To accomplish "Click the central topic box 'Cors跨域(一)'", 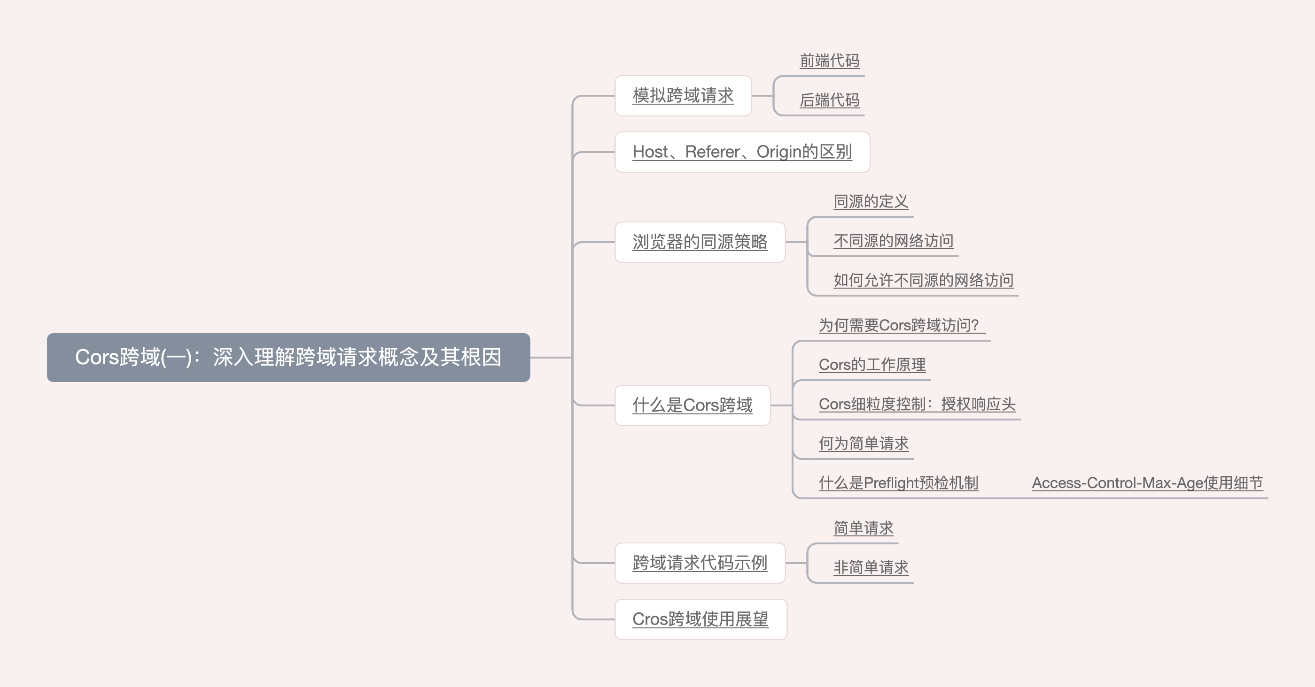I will (x=288, y=357).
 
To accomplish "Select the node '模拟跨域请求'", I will (x=683, y=95).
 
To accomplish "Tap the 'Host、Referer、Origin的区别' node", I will (x=742, y=152).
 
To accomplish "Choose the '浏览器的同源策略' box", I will (x=700, y=242).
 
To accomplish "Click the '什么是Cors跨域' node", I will (x=692, y=405).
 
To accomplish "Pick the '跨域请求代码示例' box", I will (x=700, y=563).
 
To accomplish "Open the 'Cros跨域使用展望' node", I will (x=700, y=618).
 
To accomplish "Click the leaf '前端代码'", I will (x=830, y=61).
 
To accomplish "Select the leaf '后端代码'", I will (x=830, y=100).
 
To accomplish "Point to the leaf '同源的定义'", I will (x=871, y=201).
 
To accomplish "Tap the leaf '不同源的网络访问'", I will (x=893, y=241).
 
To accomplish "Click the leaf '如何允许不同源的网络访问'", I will (x=924, y=280).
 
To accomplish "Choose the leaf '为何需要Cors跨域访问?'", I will (x=898, y=325).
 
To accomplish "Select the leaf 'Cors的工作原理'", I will (x=872, y=365).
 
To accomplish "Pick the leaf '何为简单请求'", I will (x=864, y=443).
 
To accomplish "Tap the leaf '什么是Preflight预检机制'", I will (x=898, y=482).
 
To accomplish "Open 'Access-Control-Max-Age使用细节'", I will (x=1148, y=482).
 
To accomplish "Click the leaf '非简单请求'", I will (x=871, y=567).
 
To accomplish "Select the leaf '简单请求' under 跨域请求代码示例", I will (x=863, y=528).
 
